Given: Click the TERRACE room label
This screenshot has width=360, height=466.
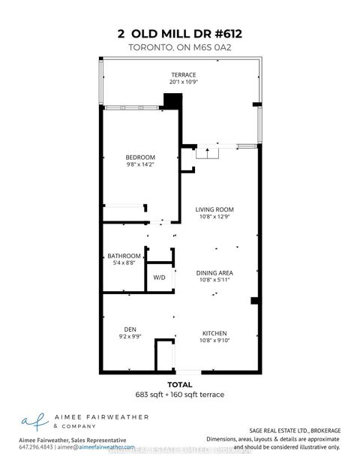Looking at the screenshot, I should pyautogui.click(x=183, y=74).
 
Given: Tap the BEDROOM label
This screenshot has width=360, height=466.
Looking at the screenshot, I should pyautogui.click(x=140, y=157).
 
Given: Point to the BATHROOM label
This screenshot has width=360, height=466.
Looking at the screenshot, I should pyautogui.click(x=124, y=256).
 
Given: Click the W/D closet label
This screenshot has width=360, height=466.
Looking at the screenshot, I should pyautogui.click(x=159, y=277).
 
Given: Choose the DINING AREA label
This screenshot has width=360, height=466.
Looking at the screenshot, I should pyautogui.click(x=215, y=272).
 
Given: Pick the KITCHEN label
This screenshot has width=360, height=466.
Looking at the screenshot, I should pyautogui.click(x=214, y=333).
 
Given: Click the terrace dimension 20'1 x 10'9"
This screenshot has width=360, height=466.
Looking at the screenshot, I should pyautogui.click(x=183, y=82).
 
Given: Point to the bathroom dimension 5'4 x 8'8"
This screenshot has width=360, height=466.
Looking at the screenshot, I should pyautogui.click(x=124, y=263).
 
